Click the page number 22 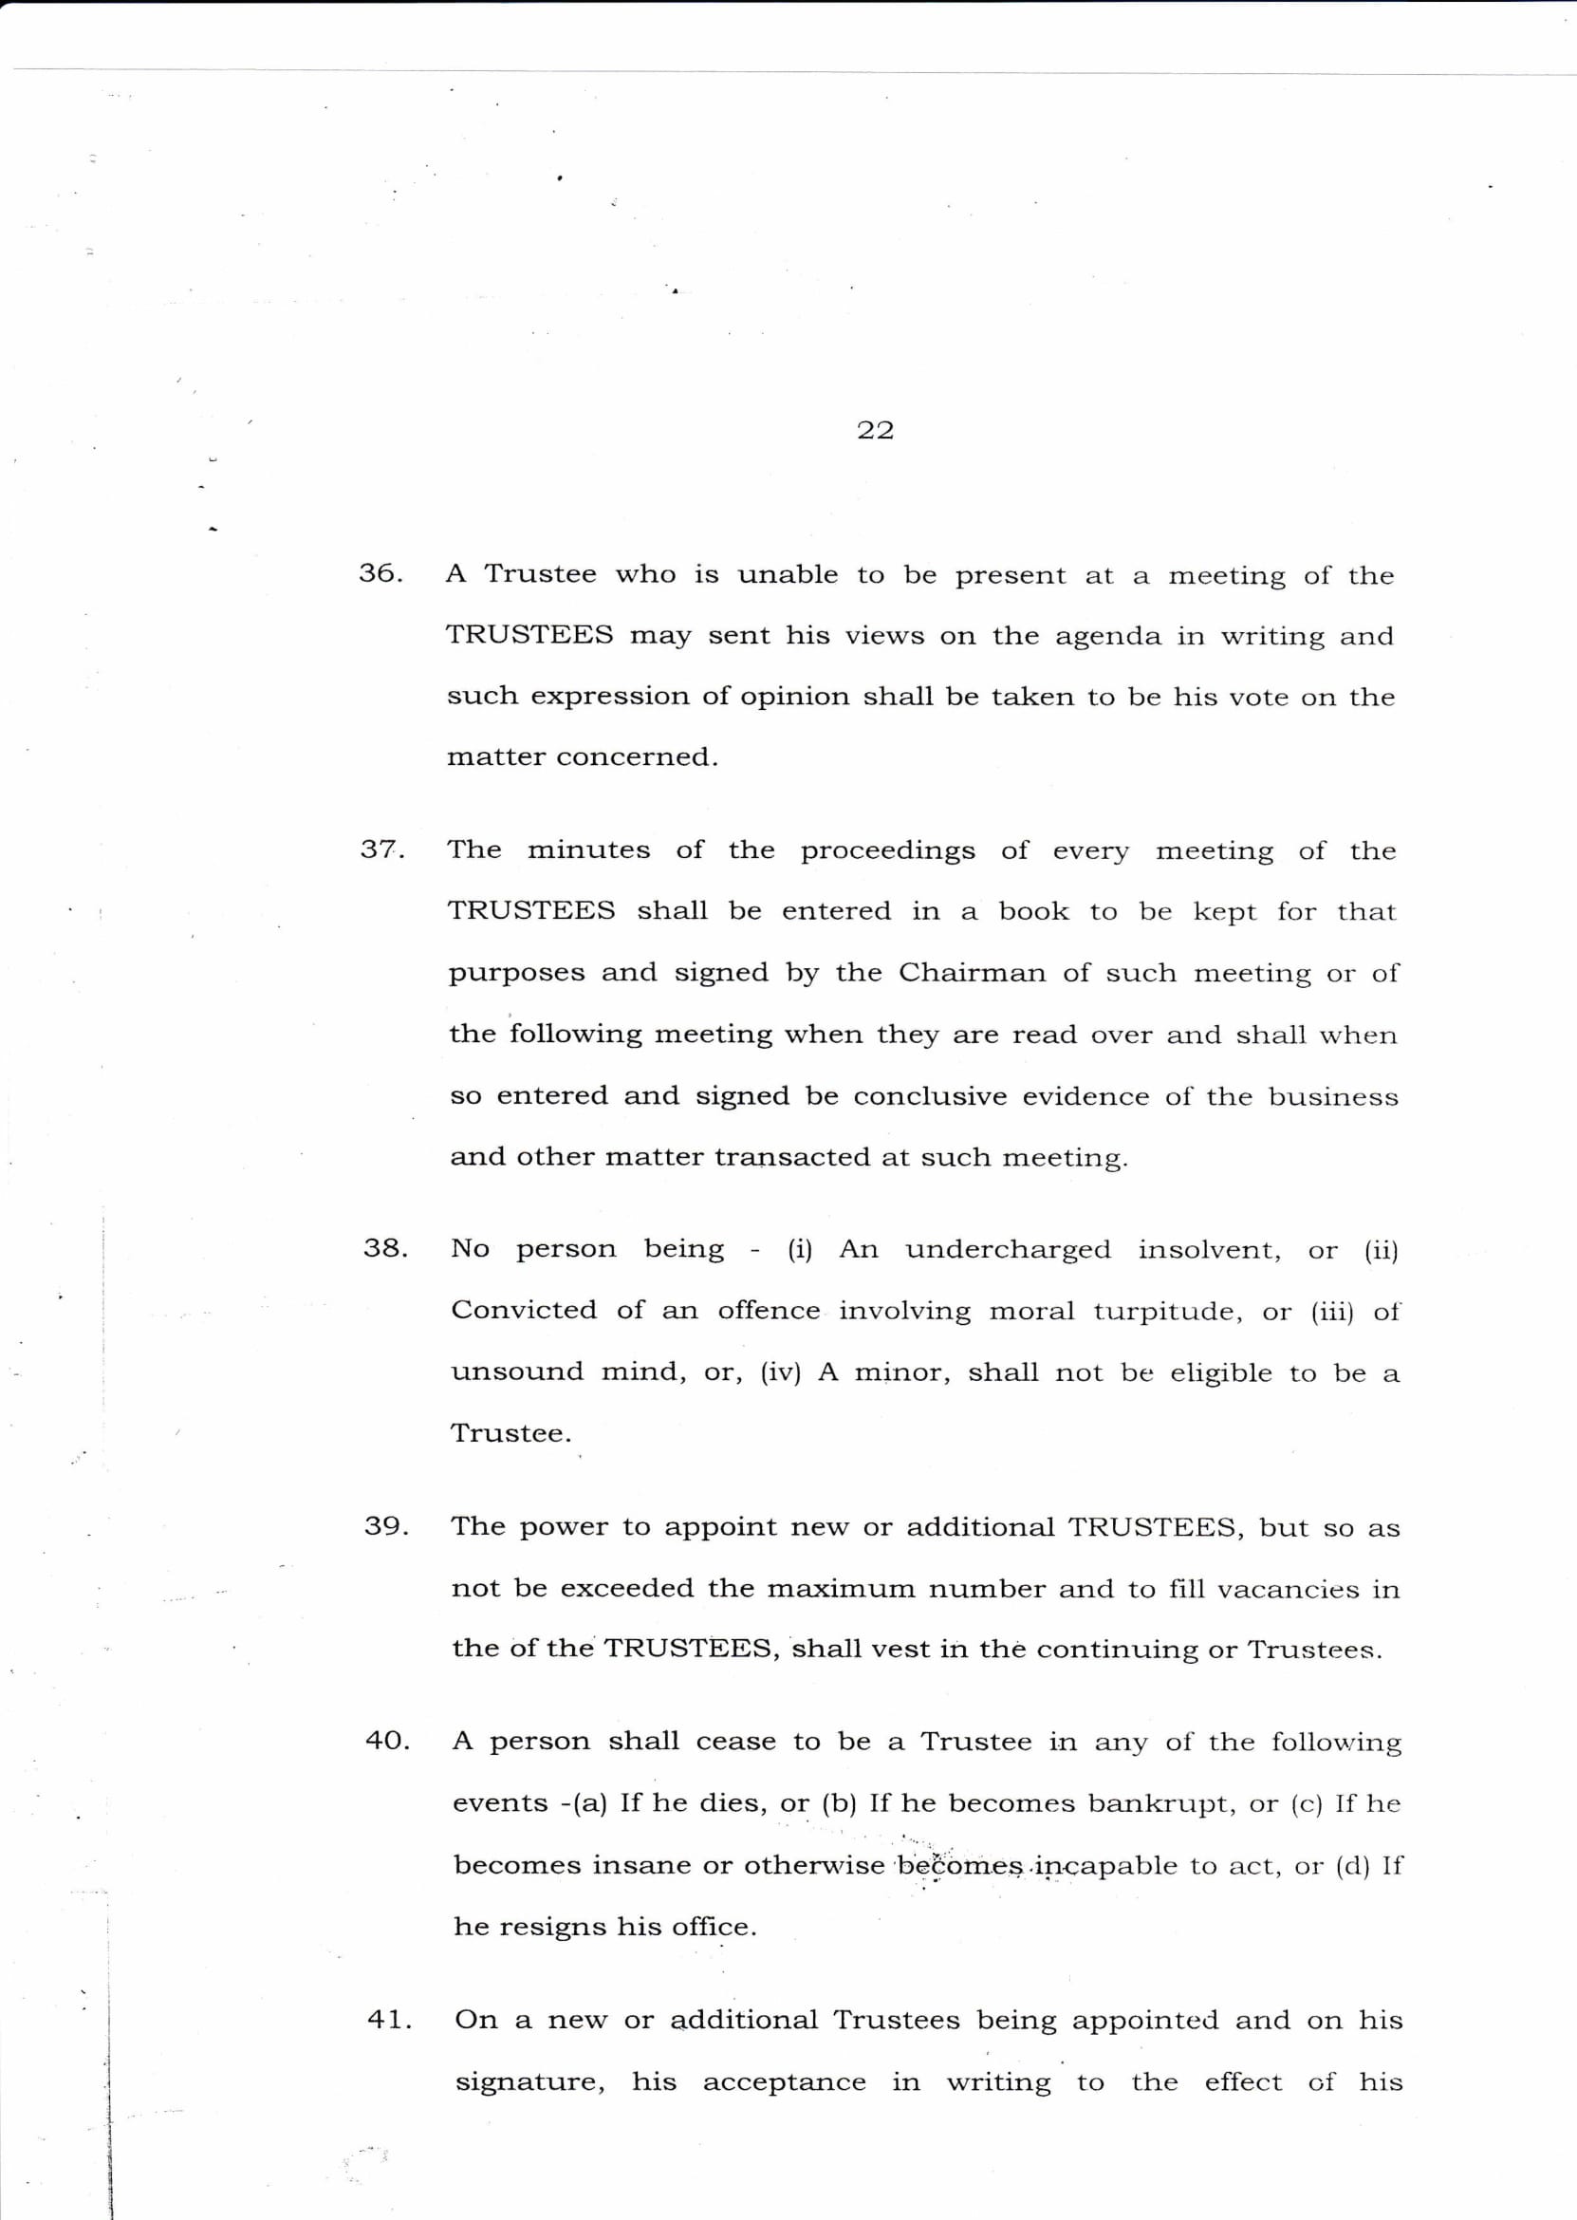[875, 430]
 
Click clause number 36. [380, 573]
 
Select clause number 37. [382, 849]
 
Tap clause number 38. [385, 1248]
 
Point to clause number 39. [386, 1525]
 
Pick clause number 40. [387, 1741]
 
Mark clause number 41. [389, 2019]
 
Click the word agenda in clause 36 [1107, 637]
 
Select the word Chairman [971, 972]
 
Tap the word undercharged [1008, 1250]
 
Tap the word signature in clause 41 [530, 2083]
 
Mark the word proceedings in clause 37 [887, 850]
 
